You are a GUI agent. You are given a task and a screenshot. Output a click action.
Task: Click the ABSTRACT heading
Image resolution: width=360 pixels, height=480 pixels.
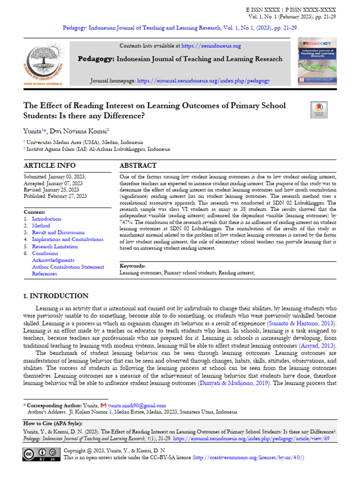point(138,166)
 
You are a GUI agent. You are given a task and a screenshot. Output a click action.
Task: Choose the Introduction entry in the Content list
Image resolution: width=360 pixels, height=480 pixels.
point(46,219)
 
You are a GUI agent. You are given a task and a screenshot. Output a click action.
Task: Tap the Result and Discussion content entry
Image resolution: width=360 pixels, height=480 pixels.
point(58,232)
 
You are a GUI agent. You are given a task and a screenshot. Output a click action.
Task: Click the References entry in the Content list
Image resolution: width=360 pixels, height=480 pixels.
point(45,274)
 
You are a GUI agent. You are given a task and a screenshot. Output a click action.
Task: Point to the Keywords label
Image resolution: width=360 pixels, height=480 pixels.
point(133,266)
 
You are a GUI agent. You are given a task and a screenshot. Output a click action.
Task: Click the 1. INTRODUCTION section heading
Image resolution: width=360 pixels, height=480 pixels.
point(56,296)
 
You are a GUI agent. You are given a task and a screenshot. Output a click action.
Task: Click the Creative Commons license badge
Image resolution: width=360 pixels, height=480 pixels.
point(41,454)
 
